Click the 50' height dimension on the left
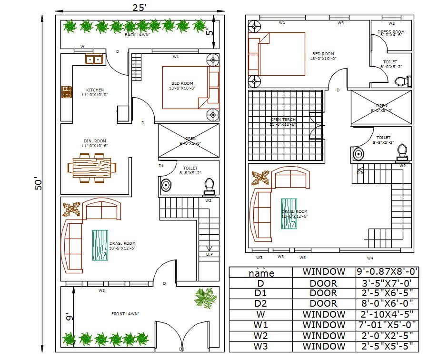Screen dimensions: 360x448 tap(38, 184)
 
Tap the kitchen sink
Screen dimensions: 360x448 tap(94, 60)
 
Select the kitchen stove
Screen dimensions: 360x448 tap(66, 91)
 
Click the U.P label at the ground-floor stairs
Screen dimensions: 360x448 tap(209, 254)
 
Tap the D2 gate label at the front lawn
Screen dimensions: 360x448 tap(181, 349)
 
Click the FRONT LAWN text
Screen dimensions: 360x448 tap(125, 313)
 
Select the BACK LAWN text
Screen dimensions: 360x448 tap(137, 35)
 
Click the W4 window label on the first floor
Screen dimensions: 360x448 tap(370, 258)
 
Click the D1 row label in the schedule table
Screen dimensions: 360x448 tap(261, 293)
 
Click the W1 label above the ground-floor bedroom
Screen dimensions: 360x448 tap(176, 57)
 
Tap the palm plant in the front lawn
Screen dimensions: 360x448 tap(206, 298)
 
